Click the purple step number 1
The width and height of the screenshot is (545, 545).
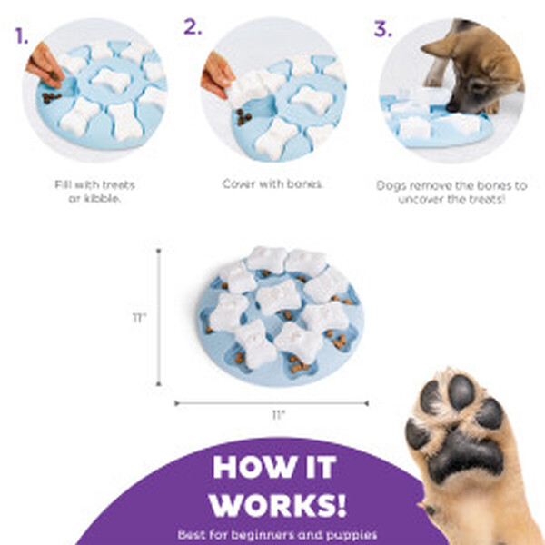(x=21, y=35)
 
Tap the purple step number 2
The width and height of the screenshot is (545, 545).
(x=193, y=26)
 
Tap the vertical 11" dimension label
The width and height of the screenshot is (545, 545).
(x=140, y=318)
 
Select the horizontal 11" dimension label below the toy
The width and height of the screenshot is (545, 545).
(x=279, y=415)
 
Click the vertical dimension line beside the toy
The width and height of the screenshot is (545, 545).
(x=159, y=317)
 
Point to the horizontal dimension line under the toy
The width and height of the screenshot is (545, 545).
(x=272, y=403)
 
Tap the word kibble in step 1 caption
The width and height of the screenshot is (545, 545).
(x=102, y=199)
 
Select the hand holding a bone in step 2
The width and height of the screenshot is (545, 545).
(x=216, y=74)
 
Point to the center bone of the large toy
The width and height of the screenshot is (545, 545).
(x=278, y=297)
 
